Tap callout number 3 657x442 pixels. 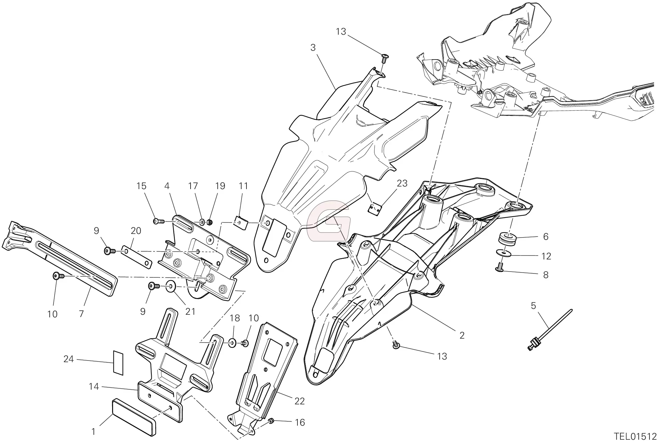click(x=313, y=48)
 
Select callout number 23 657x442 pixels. click(x=402, y=183)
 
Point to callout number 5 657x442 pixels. click(x=533, y=306)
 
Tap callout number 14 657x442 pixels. click(x=93, y=386)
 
